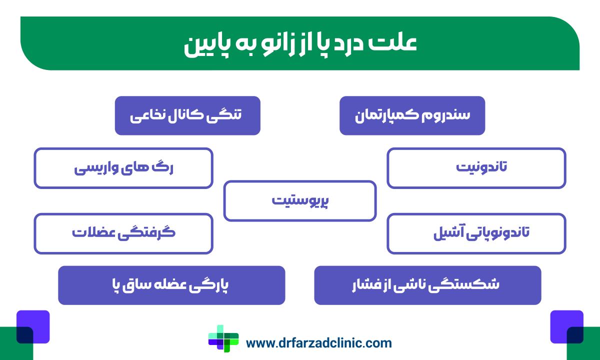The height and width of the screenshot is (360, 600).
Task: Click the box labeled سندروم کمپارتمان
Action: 412,115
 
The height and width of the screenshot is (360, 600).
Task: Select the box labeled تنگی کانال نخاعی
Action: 187,115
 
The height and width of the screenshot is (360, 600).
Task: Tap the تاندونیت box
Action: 476,168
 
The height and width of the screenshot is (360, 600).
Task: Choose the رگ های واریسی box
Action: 123,168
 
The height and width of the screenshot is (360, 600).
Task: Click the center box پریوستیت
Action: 299,201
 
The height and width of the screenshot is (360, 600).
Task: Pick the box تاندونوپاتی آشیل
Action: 476,233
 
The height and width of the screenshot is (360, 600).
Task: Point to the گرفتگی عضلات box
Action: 123,233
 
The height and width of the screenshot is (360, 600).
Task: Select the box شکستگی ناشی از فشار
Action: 427,285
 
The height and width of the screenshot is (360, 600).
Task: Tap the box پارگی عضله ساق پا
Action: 171,285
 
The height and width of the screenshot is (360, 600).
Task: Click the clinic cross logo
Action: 223,342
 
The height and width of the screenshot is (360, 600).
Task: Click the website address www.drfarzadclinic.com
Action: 319,343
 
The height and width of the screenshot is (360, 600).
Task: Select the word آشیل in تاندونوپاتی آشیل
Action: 448,233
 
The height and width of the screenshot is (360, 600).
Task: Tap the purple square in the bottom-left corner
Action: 33,326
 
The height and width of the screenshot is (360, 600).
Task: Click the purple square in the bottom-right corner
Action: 566,326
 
